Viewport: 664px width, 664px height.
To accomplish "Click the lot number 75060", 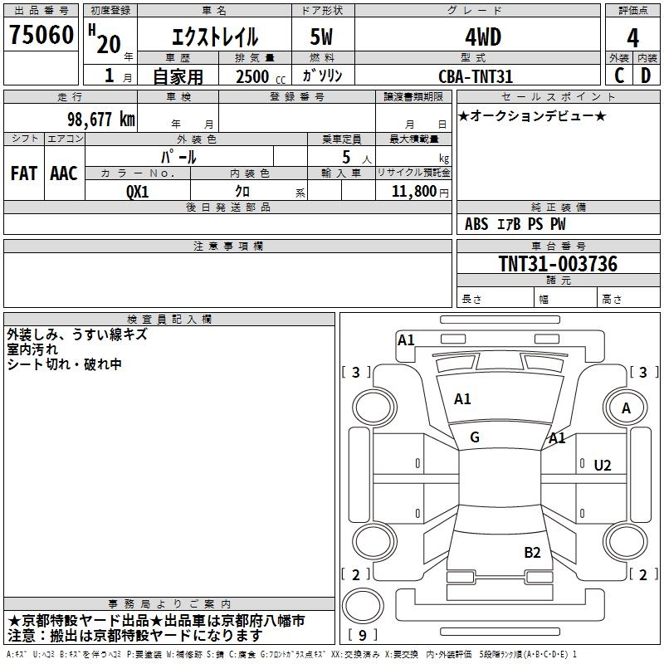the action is tap(41, 34).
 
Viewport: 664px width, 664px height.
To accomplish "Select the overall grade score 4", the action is tap(632, 37).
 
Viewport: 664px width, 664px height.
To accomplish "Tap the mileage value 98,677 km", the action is tap(101, 119).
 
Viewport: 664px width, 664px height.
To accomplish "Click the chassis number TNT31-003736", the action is tap(558, 264).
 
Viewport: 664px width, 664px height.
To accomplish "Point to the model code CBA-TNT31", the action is tap(476, 76).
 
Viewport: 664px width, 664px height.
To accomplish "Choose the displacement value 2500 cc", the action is tap(261, 76).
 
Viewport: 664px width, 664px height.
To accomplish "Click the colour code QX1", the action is tap(137, 192).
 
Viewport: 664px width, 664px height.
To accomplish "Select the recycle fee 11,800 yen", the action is tap(420, 192).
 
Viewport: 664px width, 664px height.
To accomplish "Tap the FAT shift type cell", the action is tap(24, 173).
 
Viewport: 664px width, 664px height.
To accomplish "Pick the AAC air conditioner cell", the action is tap(64, 173).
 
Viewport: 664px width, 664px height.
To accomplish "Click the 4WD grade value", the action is tap(483, 37).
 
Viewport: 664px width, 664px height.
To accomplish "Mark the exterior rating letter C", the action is tap(619, 76).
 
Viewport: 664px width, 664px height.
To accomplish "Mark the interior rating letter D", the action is tap(646, 76).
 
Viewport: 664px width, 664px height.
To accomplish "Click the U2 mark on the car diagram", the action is tap(603, 466).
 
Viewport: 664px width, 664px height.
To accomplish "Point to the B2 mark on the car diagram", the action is tap(532, 553).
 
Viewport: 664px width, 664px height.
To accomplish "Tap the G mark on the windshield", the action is tap(475, 437).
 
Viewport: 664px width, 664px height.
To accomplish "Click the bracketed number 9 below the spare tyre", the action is tap(363, 635).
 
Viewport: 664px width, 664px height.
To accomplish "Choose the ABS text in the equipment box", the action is tap(476, 224).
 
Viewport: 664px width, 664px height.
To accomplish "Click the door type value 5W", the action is tap(321, 37).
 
